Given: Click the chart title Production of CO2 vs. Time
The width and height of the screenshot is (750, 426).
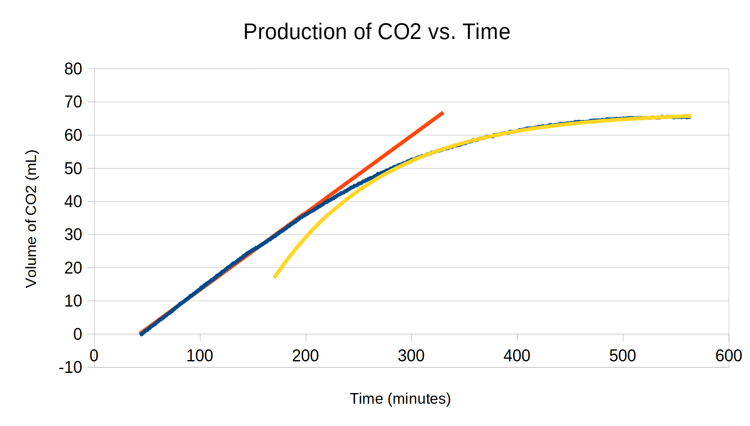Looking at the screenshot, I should point(376,32).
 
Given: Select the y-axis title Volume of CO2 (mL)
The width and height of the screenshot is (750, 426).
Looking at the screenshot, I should point(31,219).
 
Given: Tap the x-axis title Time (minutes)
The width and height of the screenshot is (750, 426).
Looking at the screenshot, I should point(400,399).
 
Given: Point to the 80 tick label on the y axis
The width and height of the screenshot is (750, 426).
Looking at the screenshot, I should point(73,69).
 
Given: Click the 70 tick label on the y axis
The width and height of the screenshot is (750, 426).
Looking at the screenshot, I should point(73,102).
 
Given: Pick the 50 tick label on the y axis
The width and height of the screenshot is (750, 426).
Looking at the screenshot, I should point(73,168).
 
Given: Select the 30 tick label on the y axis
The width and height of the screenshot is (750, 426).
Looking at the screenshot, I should point(73,235).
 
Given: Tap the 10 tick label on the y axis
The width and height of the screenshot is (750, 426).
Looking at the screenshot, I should point(73,301).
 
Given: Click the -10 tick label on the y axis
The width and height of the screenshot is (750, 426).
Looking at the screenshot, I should point(71,367).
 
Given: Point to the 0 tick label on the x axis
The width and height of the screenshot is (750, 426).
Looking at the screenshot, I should point(94,356).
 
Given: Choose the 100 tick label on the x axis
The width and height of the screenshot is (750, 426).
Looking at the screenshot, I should point(199,356).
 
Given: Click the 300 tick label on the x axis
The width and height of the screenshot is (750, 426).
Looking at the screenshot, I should point(411,356).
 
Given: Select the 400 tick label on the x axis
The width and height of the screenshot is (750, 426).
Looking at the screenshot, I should point(517,356).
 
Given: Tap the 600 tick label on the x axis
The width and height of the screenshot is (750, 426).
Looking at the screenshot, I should point(729,356).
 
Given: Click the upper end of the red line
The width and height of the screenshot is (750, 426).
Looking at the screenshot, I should point(443,113).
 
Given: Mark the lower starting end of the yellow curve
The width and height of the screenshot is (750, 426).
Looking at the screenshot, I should point(274,277).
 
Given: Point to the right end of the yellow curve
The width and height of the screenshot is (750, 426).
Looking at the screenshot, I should point(690,116).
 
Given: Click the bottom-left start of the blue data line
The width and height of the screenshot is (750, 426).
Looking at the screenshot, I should point(141,334).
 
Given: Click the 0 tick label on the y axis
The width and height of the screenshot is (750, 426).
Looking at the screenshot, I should point(77,334).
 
